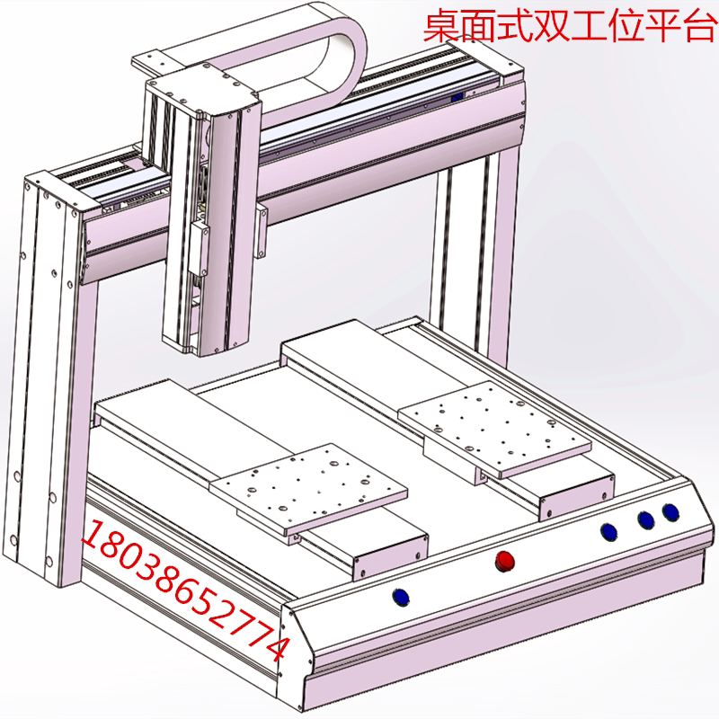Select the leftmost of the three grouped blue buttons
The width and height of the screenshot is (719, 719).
click(608, 531)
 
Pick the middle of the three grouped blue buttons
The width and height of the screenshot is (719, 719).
click(644, 519)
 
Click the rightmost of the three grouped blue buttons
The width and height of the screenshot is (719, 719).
click(670, 511)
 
